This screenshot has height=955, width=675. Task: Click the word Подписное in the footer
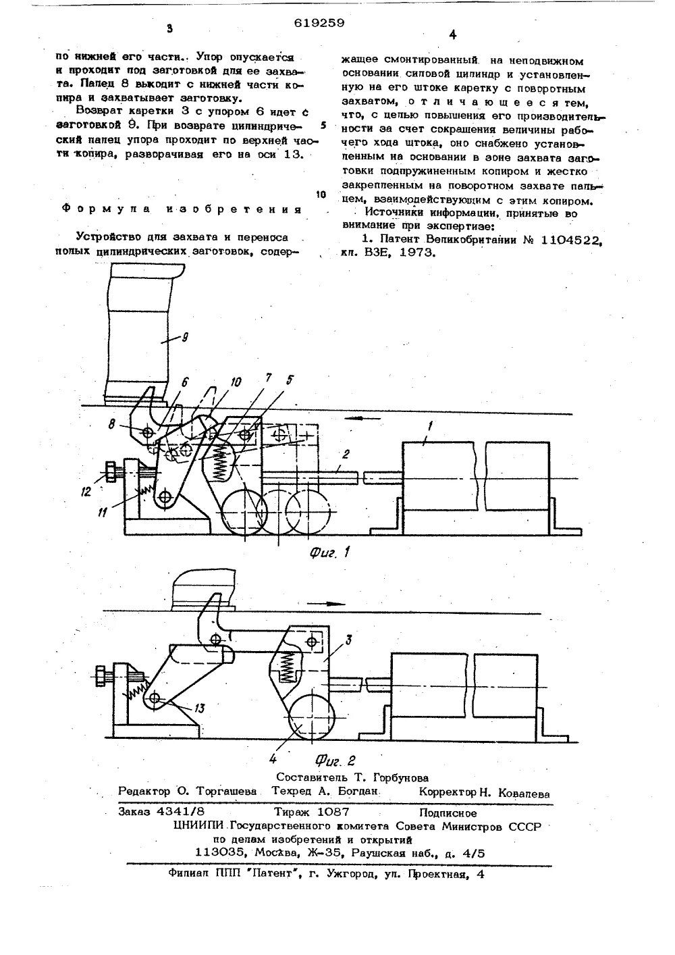448,812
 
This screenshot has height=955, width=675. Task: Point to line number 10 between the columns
321,195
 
